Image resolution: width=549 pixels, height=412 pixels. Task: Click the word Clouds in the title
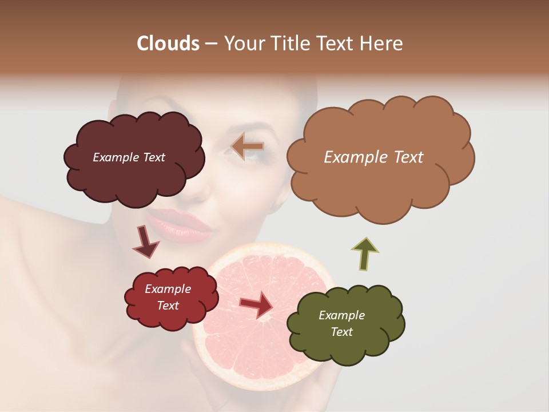click(x=168, y=43)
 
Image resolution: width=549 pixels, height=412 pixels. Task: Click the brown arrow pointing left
click(x=247, y=146)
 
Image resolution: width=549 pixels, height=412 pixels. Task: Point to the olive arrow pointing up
click(x=365, y=253)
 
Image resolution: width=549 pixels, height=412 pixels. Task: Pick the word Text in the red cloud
click(x=168, y=306)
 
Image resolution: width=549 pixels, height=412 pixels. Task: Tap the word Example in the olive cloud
click(x=341, y=315)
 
